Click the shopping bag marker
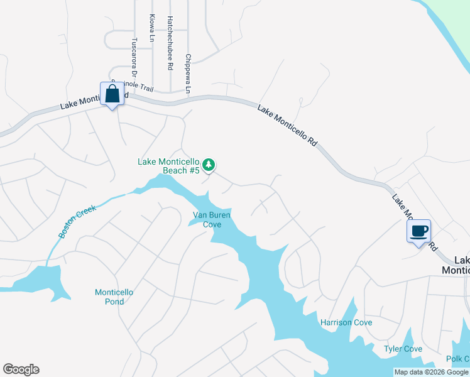click(x=112, y=95)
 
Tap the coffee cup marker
click(x=418, y=231)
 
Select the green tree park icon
click(x=209, y=165)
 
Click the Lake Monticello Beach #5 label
click(x=168, y=166)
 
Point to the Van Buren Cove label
click(x=211, y=219)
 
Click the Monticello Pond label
click(x=114, y=297)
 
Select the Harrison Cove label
click(x=346, y=322)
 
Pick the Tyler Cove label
click(x=403, y=349)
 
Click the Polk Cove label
click(x=457, y=359)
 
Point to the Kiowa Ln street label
click(x=152, y=28)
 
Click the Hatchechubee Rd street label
click(x=170, y=43)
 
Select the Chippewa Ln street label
click(x=187, y=74)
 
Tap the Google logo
click(x=21, y=369)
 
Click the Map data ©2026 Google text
click(x=431, y=372)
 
